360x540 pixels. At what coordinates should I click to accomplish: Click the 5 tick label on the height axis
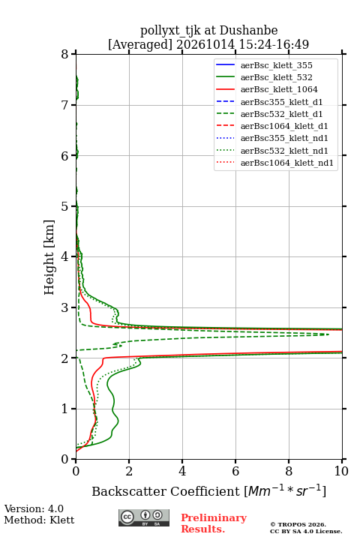[x=65, y=207]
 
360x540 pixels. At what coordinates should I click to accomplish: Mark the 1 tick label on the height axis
[x=65, y=409]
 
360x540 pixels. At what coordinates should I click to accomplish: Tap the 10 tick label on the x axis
[x=341, y=471]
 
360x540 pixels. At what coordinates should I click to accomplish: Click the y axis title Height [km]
[x=49, y=257]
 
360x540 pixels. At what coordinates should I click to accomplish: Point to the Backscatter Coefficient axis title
[x=208, y=490]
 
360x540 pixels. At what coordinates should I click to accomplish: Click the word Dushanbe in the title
[x=249, y=31]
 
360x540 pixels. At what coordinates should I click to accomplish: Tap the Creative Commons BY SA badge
[x=144, y=518]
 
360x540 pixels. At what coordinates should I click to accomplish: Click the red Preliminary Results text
[x=214, y=523]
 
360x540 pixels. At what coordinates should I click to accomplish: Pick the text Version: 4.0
[x=34, y=508]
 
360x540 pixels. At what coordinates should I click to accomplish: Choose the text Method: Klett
[x=39, y=520]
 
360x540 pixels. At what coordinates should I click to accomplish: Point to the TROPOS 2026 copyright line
[x=298, y=524]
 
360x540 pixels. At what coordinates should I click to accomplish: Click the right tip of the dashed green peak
[x=329, y=334]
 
